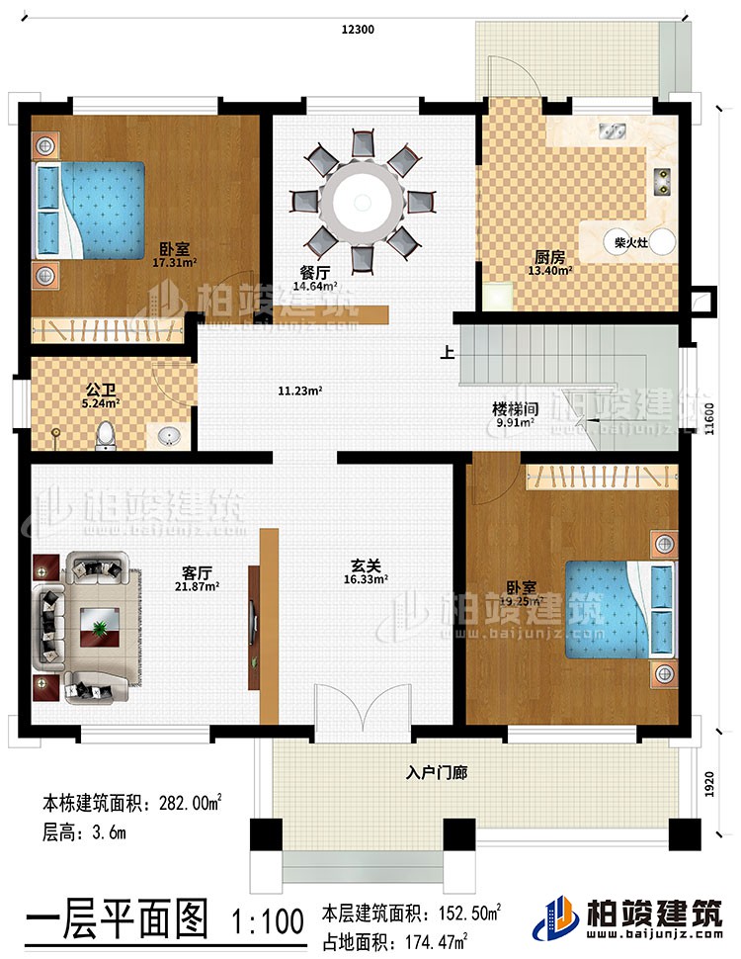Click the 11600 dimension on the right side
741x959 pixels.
(x=707, y=415)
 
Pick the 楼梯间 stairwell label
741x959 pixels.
(x=514, y=407)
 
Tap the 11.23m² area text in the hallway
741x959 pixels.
(x=300, y=391)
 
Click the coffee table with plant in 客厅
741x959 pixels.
(x=99, y=627)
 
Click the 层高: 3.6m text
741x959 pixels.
(x=84, y=833)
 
